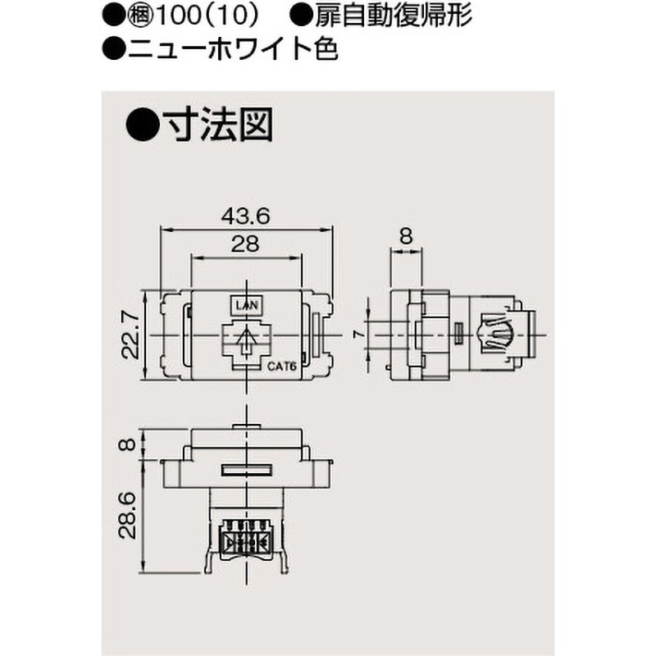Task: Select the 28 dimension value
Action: coord(246,244)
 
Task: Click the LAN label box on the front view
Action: coord(247,306)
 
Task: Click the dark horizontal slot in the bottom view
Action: coord(246,471)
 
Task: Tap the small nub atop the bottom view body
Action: coord(246,426)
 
